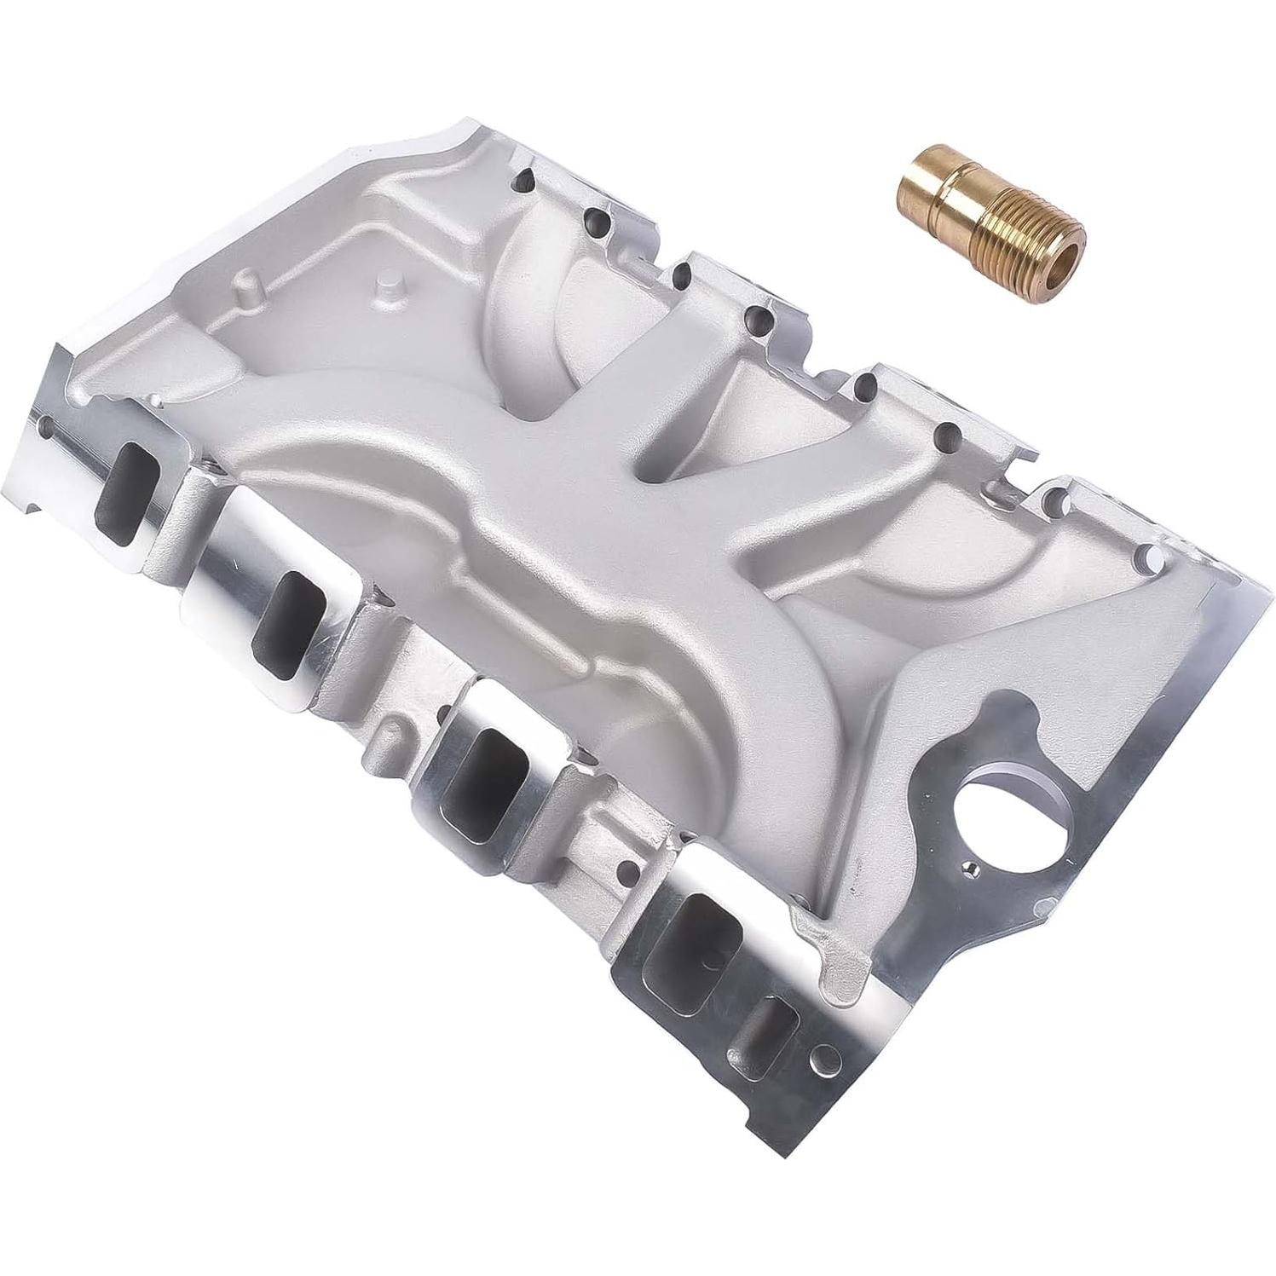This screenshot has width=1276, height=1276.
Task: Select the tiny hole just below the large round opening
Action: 968,869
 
